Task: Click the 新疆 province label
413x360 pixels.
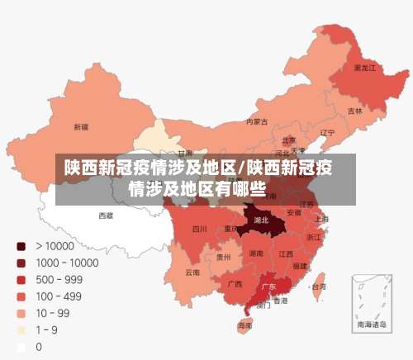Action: tap(81, 127)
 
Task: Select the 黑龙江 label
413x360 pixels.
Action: tap(365, 67)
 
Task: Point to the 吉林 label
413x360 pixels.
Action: tap(355, 111)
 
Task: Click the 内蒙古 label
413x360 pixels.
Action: tap(257, 121)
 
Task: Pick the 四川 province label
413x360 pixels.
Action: tap(199, 229)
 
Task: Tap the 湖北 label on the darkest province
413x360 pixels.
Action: tap(261, 220)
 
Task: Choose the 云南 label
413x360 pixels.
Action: tap(192, 272)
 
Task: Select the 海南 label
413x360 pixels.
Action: tap(245, 327)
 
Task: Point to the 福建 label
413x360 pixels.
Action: tap(300, 266)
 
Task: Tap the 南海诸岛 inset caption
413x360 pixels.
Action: tap(371, 325)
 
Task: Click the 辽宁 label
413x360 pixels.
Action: tap(328, 132)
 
